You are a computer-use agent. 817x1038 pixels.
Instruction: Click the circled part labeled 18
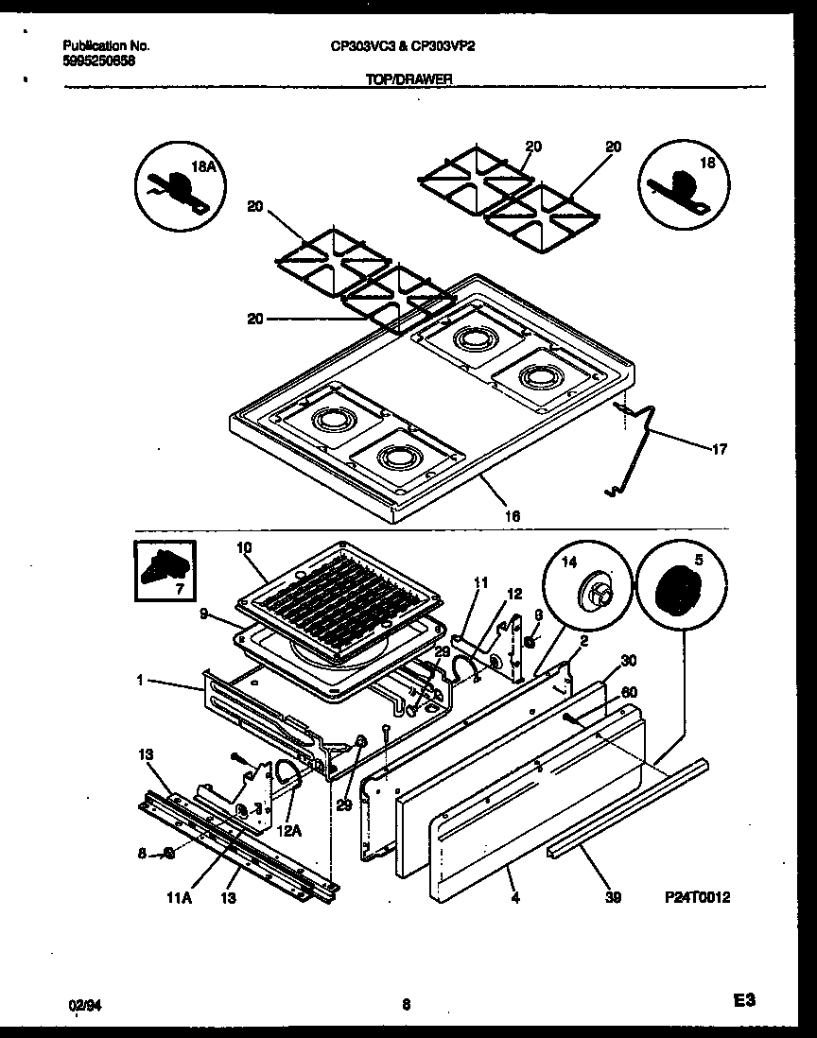681,185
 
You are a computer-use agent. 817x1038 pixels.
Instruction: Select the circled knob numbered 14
586,587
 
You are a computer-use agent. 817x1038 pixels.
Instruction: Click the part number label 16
513,516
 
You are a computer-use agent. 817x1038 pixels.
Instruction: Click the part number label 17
719,450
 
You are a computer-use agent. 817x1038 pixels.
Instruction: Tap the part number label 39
613,898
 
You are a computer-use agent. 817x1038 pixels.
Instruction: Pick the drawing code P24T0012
699,897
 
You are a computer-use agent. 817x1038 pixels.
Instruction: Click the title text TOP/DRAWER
408,81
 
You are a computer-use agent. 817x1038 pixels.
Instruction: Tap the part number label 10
244,547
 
